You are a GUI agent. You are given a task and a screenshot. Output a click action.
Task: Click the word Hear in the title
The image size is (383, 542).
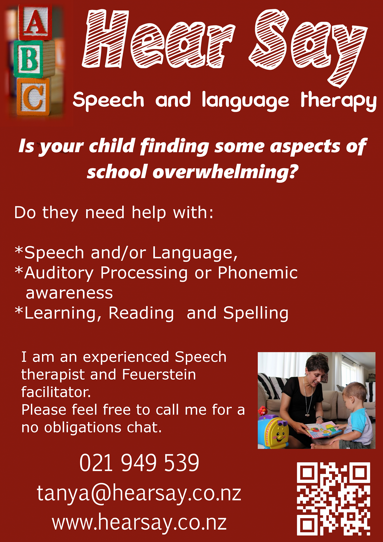(158, 39)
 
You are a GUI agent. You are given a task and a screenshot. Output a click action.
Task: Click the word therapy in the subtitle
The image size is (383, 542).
(339, 101)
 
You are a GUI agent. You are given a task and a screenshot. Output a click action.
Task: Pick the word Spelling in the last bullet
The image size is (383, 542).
(256, 314)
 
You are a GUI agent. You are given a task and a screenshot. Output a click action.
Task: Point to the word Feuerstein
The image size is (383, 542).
(159, 375)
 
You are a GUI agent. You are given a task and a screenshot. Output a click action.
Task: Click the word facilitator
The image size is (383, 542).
(56, 392)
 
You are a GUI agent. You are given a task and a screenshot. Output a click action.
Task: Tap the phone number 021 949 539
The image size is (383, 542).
(139, 463)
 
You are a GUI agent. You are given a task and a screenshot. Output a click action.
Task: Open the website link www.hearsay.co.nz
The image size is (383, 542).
(139, 523)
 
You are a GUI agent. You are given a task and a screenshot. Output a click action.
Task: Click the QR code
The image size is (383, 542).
(333, 499)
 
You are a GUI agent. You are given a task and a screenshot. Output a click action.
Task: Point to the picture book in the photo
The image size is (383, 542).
(324, 430)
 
